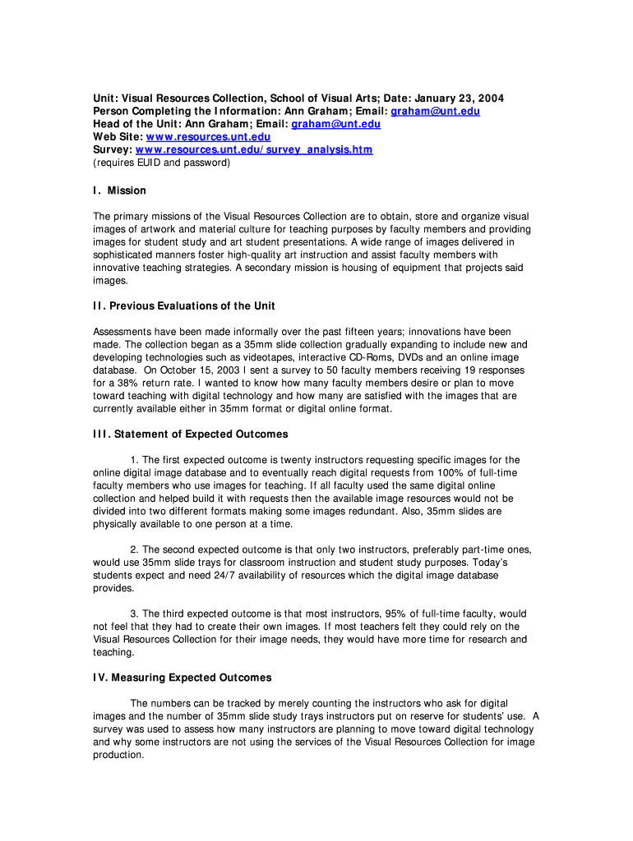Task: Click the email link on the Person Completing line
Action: pos(435,112)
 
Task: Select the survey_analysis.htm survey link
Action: pos(254,150)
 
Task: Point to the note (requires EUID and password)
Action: pos(161,163)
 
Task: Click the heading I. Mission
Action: pos(119,191)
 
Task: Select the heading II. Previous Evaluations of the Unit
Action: pos(184,306)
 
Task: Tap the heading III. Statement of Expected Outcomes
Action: pos(191,434)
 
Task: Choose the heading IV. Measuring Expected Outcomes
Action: pos(182,678)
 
